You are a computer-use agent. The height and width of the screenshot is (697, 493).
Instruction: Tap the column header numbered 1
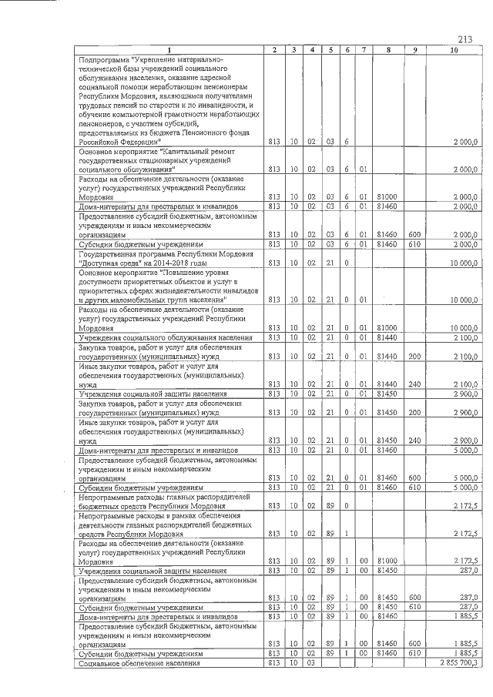point(166,50)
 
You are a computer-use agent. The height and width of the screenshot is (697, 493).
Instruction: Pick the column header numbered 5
point(330,50)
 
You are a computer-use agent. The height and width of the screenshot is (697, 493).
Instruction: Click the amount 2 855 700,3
point(458,662)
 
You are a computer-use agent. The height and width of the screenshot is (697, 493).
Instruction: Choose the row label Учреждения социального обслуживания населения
point(166,337)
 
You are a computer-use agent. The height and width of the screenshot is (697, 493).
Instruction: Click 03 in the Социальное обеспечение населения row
point(311,662)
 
